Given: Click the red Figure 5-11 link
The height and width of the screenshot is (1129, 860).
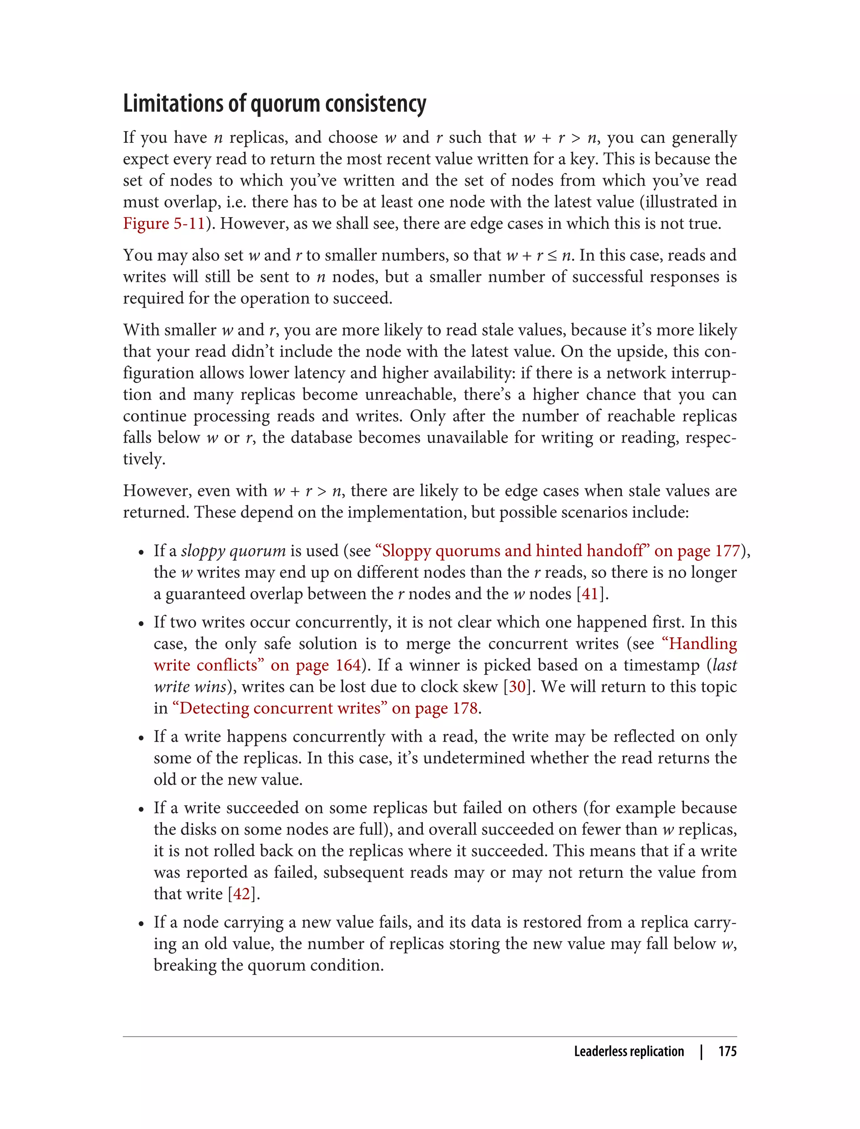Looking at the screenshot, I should click(x=164, y=224).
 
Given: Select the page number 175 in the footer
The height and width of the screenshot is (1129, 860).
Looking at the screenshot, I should click(x=727, y=1051).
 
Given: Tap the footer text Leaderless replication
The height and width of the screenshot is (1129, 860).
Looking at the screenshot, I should click(x=629, y=1051).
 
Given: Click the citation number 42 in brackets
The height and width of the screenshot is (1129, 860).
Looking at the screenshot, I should click(x=241, y=894).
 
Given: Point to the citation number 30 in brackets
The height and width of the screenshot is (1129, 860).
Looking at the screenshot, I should click(x=517, y=687).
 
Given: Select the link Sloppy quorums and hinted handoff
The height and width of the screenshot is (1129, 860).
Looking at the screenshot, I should click(x=512, y=551).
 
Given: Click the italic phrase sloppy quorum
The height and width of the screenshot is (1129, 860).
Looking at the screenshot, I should click(x=233, y=551).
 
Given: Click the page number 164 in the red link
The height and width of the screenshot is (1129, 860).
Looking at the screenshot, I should click(x=348, y=665).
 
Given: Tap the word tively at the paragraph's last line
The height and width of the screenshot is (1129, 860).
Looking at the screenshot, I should click(x=144, y=459).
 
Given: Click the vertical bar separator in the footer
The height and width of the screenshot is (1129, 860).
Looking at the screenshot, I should click(x=701, y=1051).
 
